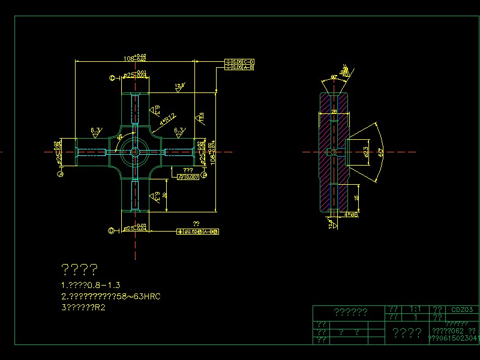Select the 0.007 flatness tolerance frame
188,177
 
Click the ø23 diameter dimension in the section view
366,152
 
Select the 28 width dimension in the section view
335,112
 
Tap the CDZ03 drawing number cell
463,310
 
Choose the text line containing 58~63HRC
111,296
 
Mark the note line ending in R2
83,308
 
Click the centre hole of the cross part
135,151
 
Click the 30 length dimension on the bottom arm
164,196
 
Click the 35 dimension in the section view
356,197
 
